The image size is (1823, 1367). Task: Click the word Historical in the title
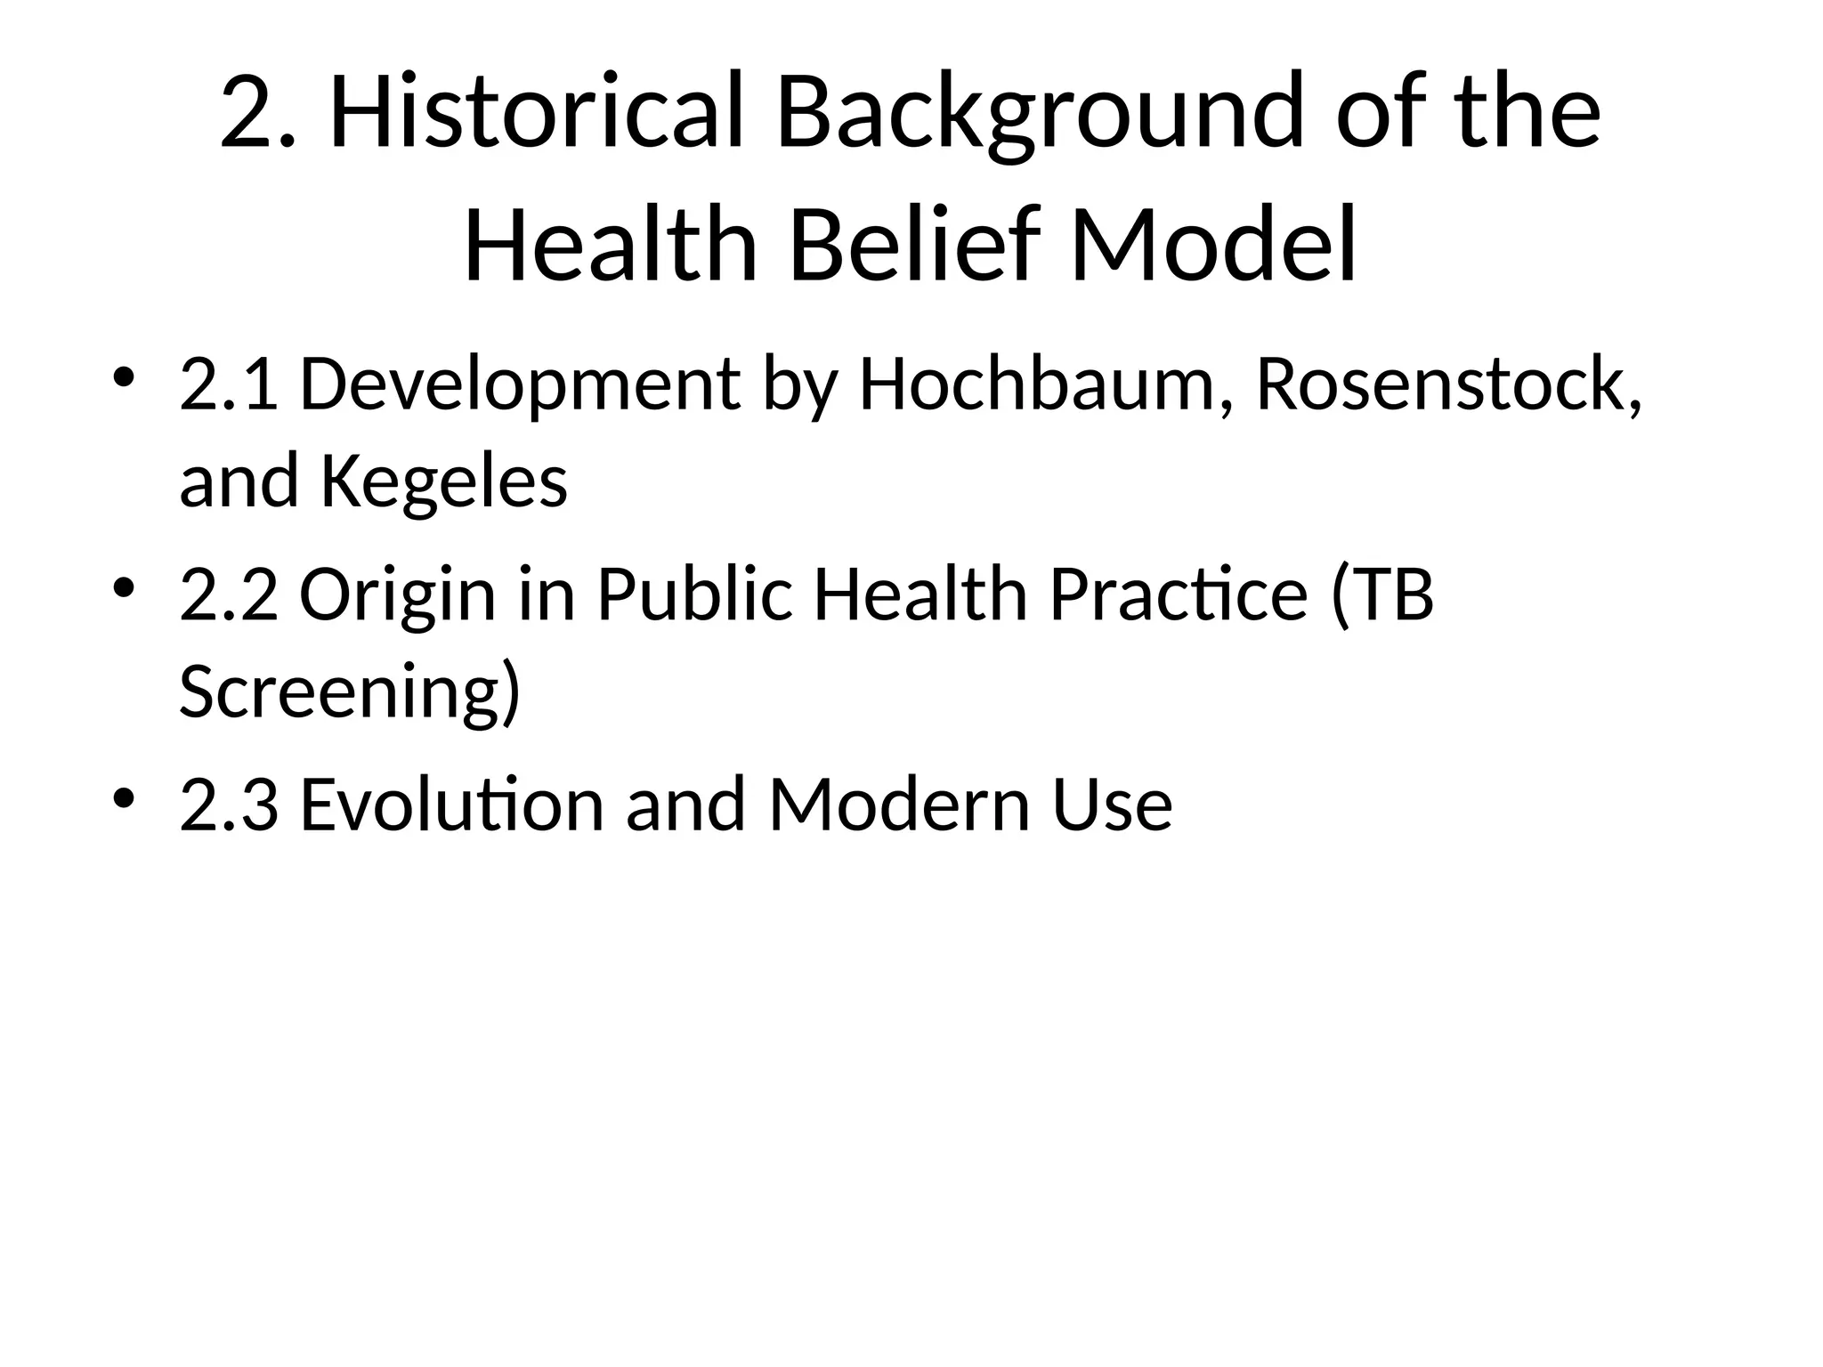537,113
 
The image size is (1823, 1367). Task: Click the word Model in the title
1213,244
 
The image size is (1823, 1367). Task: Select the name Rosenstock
1442,384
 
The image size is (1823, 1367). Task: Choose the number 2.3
229,805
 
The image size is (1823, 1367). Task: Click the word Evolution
452,805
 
